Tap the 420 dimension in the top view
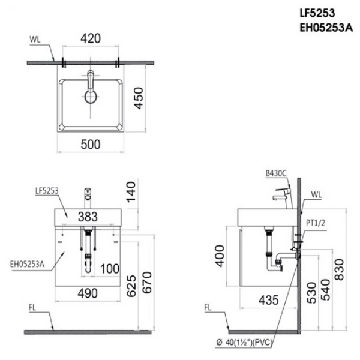(x=91, y=39)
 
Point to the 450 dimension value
(x=139, y=96)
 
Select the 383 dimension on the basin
(x=88, y=215)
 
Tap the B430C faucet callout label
(x=275, y=173)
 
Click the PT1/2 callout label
(x=315, y=223)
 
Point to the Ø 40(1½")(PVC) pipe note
(x=267, y=343)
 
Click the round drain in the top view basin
(x=91, y=97)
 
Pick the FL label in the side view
(x=208, y=308)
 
